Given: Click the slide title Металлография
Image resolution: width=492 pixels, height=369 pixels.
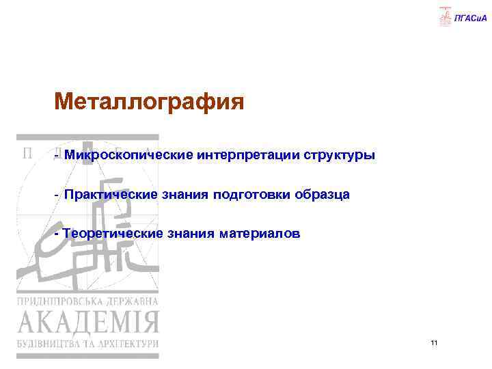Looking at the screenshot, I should (x=149, y=103).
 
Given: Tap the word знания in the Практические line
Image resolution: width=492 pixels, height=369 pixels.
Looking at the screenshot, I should (x=184, y=195).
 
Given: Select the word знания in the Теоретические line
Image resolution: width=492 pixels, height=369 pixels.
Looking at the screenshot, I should (x=191, y=234).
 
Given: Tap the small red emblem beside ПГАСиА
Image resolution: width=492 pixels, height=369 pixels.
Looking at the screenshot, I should (x=445, y=16).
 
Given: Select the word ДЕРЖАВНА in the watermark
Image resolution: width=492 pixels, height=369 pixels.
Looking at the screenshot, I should (x=132, y=301).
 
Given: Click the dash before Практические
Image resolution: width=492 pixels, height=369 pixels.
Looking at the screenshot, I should (x=57, y=195).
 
